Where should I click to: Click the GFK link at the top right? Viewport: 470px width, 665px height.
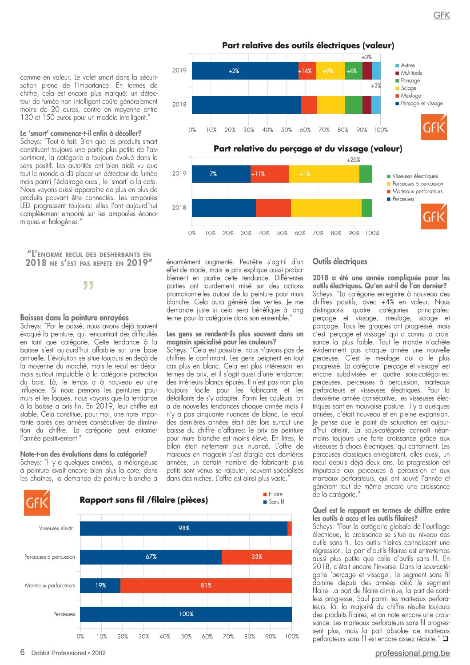442,15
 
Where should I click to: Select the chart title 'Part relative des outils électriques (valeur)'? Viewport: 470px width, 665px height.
308,45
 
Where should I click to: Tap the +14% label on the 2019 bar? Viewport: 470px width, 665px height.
305,71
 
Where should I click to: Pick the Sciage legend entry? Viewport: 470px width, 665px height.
406,88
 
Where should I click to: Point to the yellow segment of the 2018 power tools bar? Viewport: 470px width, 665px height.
331,105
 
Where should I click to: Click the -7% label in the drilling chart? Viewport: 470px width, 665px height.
212,174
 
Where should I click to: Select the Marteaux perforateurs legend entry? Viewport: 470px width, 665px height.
414,191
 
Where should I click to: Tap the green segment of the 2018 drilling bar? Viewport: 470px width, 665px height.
367,208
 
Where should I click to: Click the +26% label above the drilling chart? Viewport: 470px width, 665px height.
354,160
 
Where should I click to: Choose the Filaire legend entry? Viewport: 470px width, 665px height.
273,494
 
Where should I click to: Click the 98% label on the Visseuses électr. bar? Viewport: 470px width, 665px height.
184,528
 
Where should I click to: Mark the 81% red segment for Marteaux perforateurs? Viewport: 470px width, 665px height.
206,585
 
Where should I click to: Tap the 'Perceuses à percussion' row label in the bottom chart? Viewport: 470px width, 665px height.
50,557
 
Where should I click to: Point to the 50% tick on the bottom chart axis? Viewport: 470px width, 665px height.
186,637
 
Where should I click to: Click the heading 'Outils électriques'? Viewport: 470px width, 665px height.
340,261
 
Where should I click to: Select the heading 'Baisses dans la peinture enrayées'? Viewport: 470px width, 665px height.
75,318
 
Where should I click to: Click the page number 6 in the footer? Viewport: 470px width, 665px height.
23,652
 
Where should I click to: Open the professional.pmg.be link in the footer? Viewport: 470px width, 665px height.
412,653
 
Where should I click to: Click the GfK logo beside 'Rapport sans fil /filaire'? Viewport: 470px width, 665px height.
37,503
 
